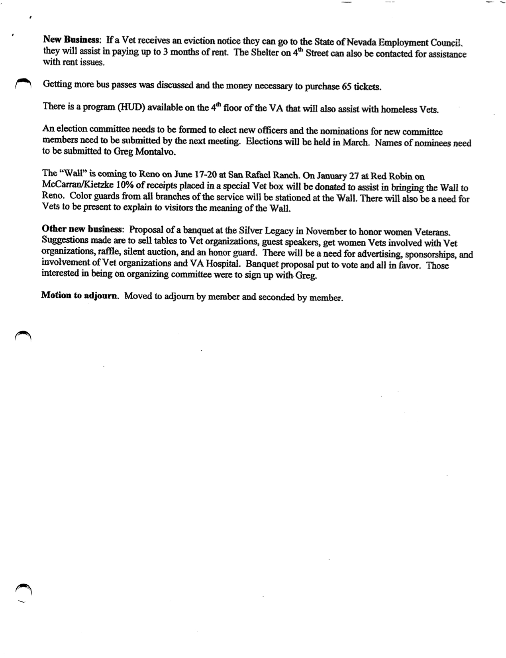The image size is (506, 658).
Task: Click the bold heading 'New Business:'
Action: pyautogui.click(x=71, y=40)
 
